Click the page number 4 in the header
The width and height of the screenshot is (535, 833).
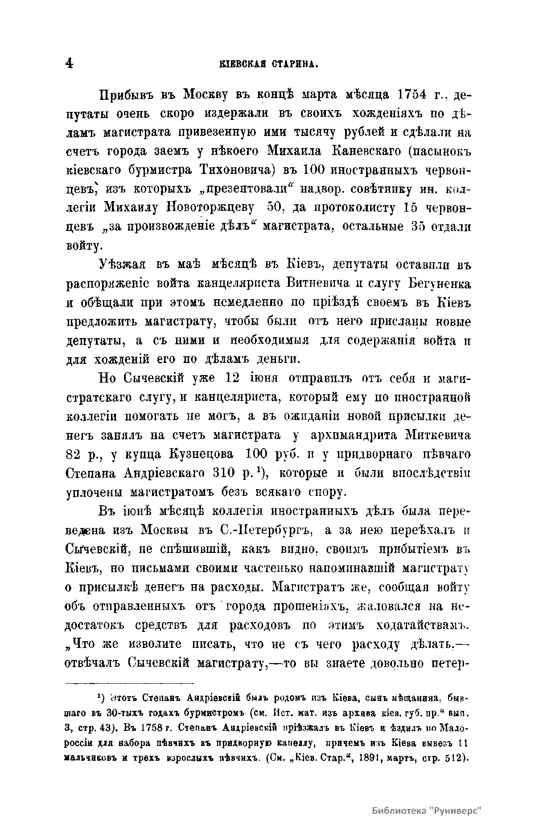[69, 64]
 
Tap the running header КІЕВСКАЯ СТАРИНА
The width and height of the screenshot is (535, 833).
[268, 65]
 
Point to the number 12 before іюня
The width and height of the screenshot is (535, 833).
[234, 378]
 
